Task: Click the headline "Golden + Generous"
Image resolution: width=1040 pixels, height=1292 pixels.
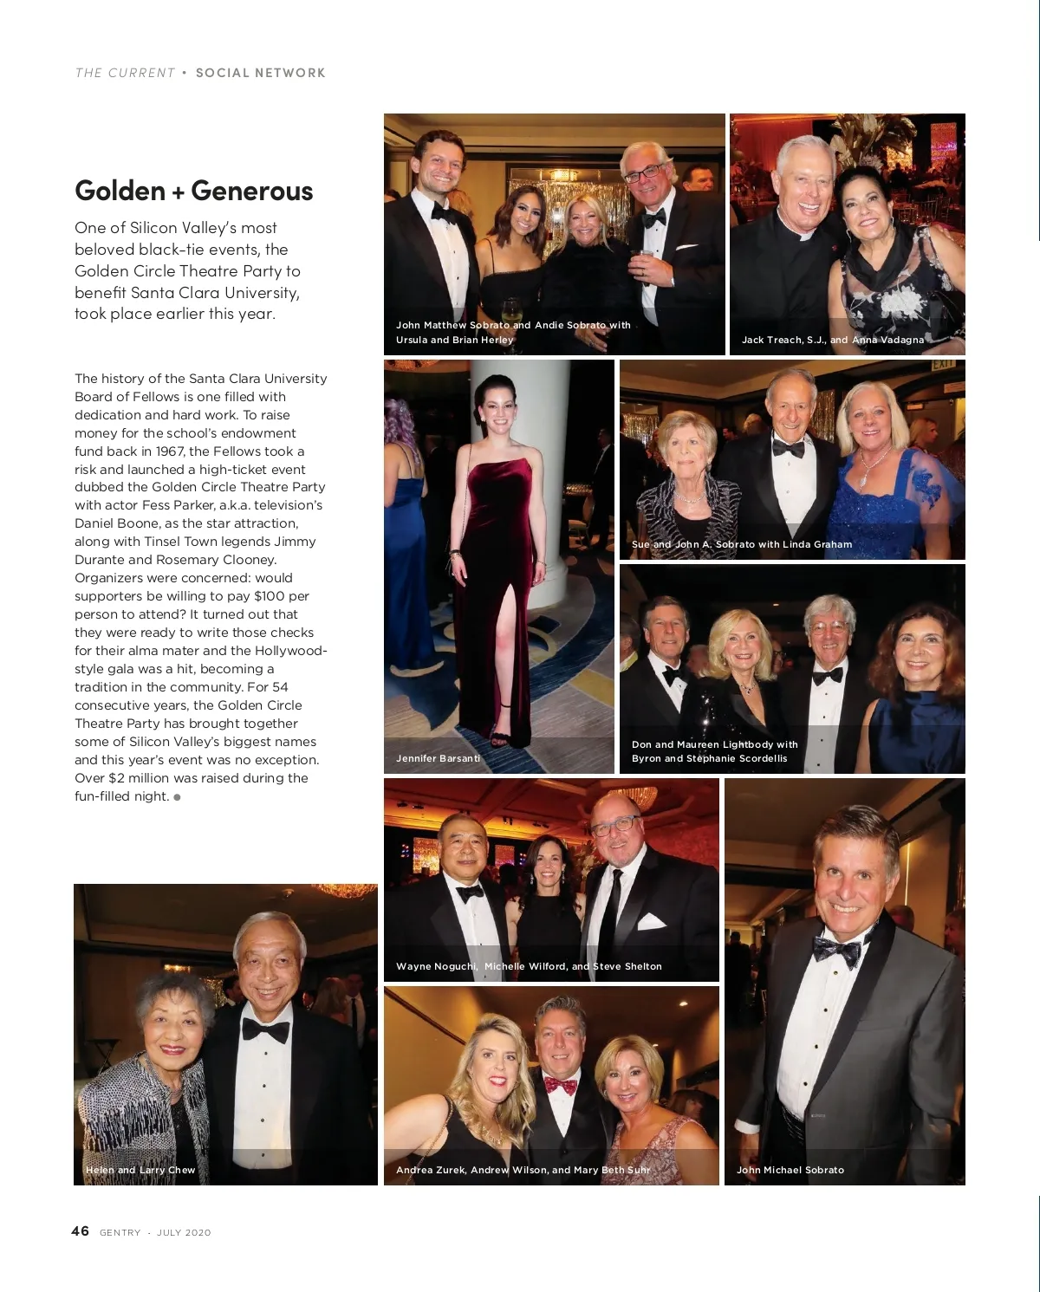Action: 193,191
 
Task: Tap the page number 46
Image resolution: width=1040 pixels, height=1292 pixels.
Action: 80,1231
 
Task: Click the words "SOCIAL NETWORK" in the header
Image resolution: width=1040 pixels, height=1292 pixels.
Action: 260,73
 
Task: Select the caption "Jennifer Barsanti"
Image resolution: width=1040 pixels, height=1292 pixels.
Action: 438,758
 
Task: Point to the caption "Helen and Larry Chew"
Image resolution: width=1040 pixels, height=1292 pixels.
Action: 140,1170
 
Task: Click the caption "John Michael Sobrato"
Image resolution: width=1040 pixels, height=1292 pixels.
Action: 790,1170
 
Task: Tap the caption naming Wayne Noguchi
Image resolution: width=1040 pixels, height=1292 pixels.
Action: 529,966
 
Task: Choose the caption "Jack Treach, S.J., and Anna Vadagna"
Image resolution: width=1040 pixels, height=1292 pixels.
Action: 832,340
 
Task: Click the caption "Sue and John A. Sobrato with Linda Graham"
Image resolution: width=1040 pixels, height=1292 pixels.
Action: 741,544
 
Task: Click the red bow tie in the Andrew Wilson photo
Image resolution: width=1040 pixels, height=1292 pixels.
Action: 560,1085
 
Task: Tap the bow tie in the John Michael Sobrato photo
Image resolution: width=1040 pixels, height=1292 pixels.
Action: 836,951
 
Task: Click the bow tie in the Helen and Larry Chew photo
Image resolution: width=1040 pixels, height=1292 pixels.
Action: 265,1030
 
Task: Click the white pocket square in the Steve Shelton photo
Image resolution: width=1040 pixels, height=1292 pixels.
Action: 651,921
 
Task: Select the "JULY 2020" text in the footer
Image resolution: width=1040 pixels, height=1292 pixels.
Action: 184,1232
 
